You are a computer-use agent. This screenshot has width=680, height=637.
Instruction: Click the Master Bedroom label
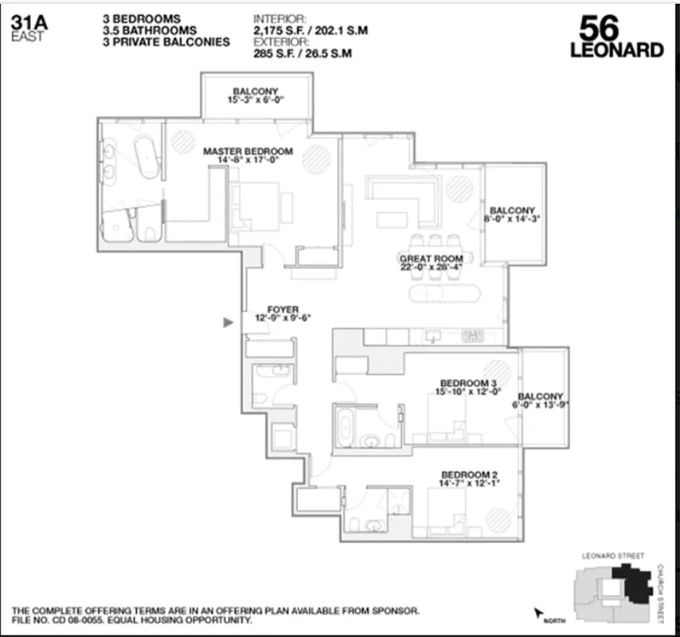pos(248,150)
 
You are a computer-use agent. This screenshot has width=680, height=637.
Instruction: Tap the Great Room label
pos(431,258)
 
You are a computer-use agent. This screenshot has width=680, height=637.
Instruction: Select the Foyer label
pos(283,309)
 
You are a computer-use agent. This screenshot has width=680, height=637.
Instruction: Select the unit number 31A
pos(29,22)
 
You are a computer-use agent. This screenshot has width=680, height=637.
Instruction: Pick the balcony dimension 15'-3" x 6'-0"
pos(256,100)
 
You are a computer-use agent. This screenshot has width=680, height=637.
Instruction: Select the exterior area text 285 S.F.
pos(276,54)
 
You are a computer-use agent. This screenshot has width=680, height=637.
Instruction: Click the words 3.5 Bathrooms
pos(149,29)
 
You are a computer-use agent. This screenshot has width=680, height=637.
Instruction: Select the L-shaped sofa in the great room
pos(406,195)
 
